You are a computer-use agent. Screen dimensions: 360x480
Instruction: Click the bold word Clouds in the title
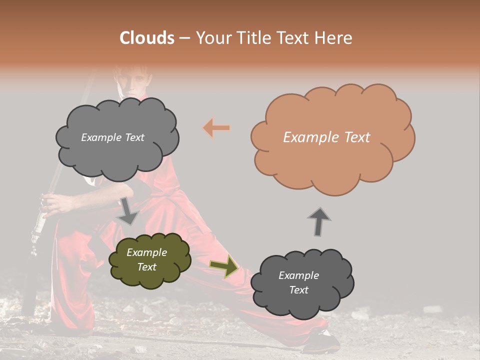pyautogui.click(x=147, y=38)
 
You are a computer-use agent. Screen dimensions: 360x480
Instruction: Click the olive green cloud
pyautogui.click(x=149, y=260)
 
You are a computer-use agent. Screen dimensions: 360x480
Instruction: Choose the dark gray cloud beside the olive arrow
pyautogui.click(x=301, y=283)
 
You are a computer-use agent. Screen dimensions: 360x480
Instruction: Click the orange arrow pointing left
pyautogui.click(x=216, y=128)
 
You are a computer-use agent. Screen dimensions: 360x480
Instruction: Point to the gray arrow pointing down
pyautogui.click(x=128, y=210)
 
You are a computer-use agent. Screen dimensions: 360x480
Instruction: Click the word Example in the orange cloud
pyautogui.click(x=306, y=137)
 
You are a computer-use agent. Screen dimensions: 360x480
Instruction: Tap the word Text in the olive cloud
pyautogui.click(x=147, y=267)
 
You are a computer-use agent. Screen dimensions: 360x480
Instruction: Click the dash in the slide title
pyautogui.click(x=184, y=38)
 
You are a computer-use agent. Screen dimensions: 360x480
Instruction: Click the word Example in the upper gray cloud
pyautogui.click(x=100, y=137)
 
